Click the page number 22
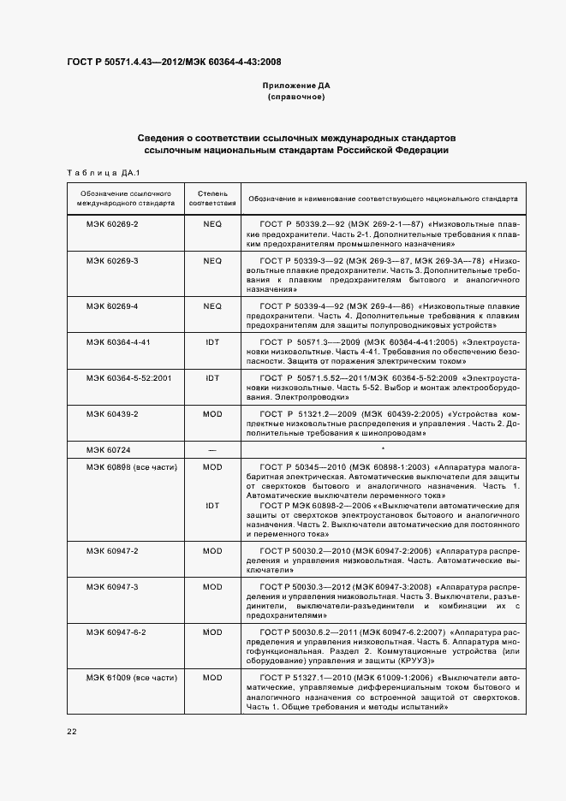(72, 732)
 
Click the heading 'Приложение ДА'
(295, 86)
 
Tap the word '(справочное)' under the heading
(295, 98)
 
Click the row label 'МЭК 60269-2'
(112, 223)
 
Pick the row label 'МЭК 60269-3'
(112, 259)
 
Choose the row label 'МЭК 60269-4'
(112, 306)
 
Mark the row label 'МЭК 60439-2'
(112, 413)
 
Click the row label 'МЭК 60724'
(106, 449)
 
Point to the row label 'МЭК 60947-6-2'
(116, 632)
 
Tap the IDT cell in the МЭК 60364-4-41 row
(212, 341)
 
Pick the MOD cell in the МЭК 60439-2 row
(212, 413)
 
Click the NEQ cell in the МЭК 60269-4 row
(212, 306)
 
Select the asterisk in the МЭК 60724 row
(383, 449)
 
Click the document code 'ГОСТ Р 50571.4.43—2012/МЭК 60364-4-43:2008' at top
(174, 62)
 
